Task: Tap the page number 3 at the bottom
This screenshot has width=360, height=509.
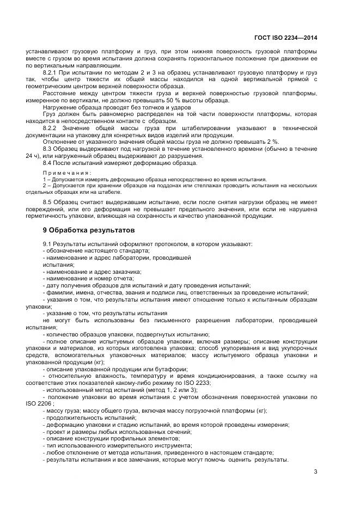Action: (x=315, y=472)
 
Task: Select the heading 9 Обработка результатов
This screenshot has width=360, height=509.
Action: (x=84, y=230)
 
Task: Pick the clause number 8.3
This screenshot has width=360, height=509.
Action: (x=47, y=149)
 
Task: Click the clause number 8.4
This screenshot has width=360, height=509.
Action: (x=47, y=163)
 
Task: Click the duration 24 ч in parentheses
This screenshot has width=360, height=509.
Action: (x=30, y=156)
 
